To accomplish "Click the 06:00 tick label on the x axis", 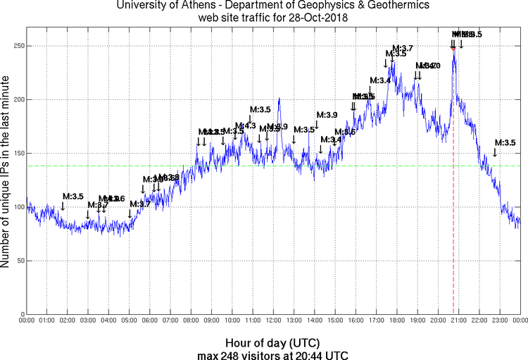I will pyautogui.click(x=149, y=321).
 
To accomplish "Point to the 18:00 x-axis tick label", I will pyautogui.click(x=396, y=321).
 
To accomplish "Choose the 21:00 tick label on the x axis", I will pyautogui.click(x=458, y=321).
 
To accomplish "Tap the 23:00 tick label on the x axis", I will pyautogui.click(x=499, y=321).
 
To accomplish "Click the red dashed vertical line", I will pyautogui.click(x=453, y=211).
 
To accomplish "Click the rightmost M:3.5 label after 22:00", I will pyautogui.click(x=505, y=142).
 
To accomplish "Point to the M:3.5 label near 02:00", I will pyautogui.click(x=73, y=196).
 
